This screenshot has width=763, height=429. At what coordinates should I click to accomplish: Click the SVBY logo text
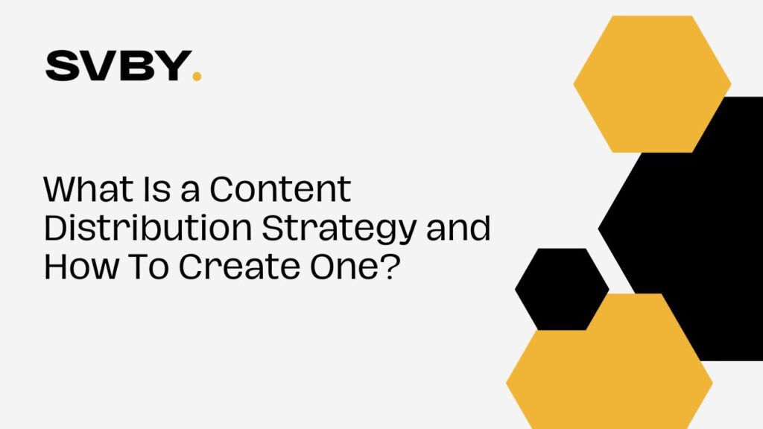pyautogui.click(x=118, y=66)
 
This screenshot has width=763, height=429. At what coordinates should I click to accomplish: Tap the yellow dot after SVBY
pyautogui.click(x=197, y=77)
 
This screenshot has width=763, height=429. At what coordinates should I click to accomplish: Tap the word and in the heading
pyautogui.click(x=458, y=228)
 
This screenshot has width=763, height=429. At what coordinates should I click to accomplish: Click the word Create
pyautogui.click(x=239, y=267)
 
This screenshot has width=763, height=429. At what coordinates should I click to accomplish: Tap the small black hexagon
pyautogui.click(x=562, y=290)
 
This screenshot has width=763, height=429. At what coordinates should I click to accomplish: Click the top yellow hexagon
pyautogui.click(x=652, y=83)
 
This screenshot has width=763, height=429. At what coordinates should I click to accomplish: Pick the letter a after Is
pyautogui.click(x=190, y=193)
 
